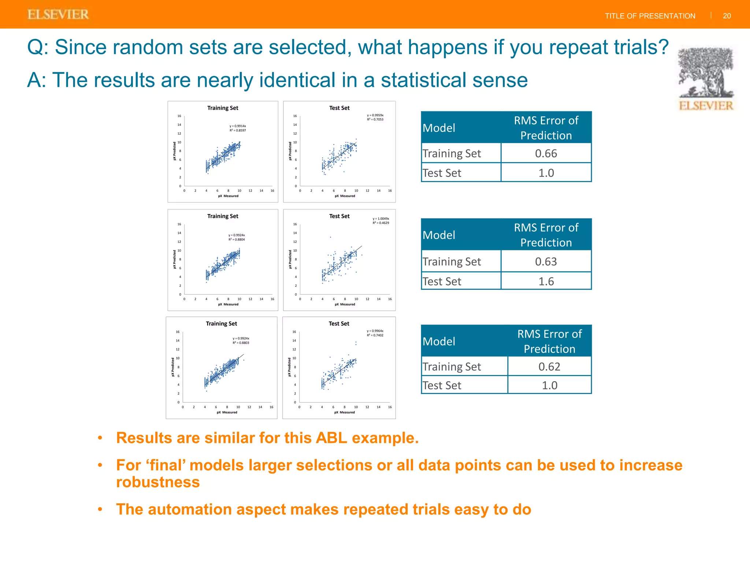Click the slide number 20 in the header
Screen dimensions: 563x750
pos(727,16)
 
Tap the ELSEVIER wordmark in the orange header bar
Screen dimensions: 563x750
pos(58,15)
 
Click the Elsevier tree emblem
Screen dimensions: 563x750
pos(706,73)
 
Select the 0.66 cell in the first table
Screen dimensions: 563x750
pos(546,153)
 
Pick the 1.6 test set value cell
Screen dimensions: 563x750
pos(546,281)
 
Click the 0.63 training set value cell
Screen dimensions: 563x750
pos(546,261)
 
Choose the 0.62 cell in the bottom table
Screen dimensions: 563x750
pos(549,367)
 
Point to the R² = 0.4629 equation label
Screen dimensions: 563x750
pos(381,223)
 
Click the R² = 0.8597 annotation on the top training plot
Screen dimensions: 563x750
pos(238,130)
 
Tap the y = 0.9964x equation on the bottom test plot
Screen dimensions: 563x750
pos(375,331)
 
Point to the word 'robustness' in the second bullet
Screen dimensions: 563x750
pos(158,482)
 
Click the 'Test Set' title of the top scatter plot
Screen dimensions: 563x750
pos(339,108)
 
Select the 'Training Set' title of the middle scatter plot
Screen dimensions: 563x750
pos(223,216)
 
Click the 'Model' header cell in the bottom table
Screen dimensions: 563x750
pos(439,341)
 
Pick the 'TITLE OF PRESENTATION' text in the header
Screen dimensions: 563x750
pos(650,16)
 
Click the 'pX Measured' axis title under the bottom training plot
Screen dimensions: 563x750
pos(227,412)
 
